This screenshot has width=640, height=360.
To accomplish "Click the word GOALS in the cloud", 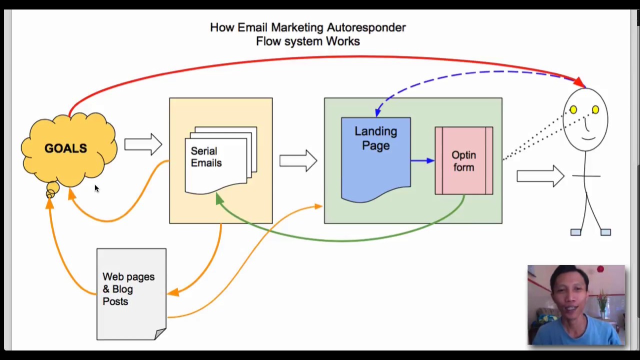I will [65, 148].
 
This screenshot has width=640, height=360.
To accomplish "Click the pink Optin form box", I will [463, 161].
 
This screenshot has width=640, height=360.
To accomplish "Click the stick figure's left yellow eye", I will [573, 109].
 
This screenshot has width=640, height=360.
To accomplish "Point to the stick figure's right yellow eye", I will [595, 109].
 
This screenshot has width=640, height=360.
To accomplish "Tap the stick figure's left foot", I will [575, 232].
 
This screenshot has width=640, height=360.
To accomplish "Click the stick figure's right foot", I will [605, 232].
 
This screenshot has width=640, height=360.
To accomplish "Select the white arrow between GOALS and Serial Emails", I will [143, 145].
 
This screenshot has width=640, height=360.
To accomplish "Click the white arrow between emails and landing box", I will [298, 161].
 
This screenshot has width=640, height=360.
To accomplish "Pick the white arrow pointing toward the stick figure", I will [540, 176].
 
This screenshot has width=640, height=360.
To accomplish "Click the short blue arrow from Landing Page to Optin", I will [422, 160].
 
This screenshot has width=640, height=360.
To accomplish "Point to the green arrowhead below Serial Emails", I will [219, 199].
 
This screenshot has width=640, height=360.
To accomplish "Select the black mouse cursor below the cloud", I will [96, 188].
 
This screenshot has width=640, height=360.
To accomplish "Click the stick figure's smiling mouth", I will [588, 137].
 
